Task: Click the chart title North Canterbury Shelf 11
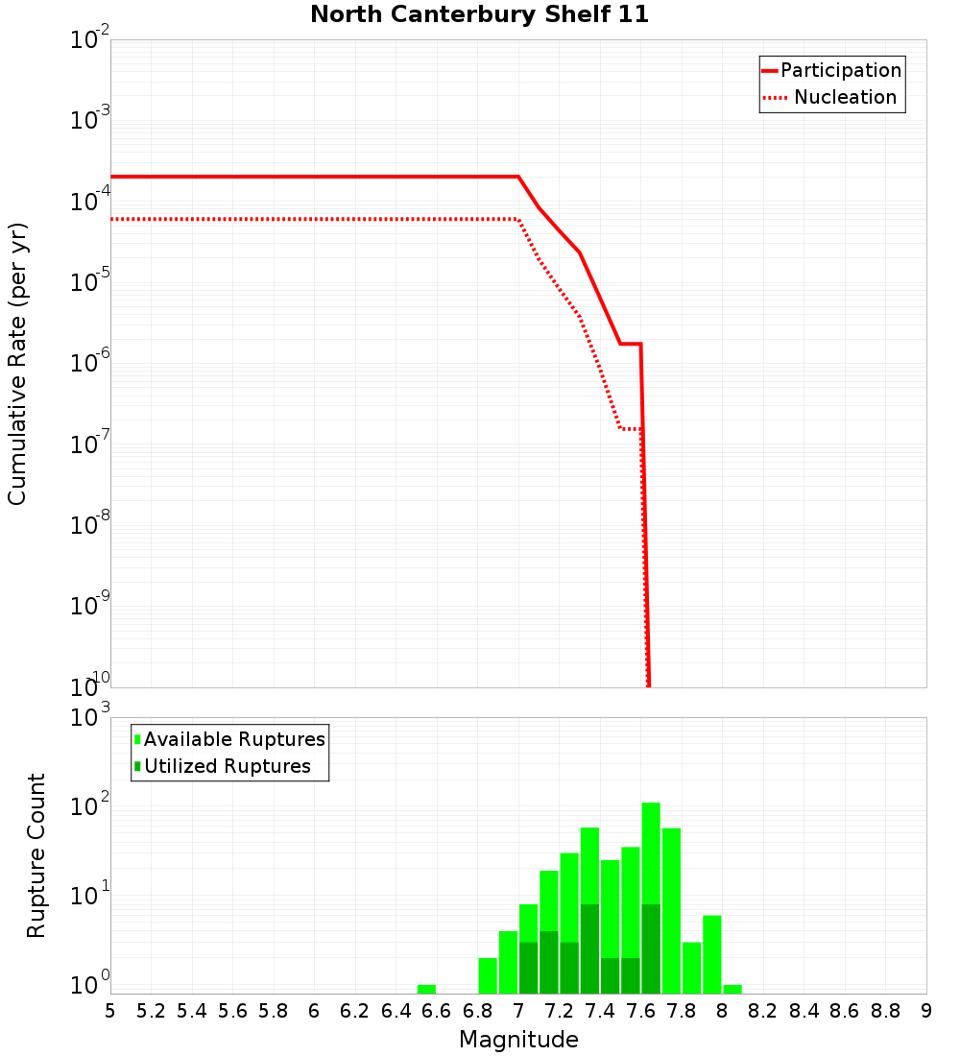point(479,15)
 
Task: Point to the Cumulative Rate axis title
point(17,363)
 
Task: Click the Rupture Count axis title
point(36,855)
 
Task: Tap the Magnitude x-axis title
point(518,1040)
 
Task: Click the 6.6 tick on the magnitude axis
point(437,1011)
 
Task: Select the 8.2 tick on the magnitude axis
point(763,1011)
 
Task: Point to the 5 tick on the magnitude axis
point(110,1011)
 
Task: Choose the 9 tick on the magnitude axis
point(926,1011)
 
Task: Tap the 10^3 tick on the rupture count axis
point(90,718)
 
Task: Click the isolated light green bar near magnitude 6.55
point(426,989)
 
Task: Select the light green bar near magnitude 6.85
point(488,975)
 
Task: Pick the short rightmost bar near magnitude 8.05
point(732,989)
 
